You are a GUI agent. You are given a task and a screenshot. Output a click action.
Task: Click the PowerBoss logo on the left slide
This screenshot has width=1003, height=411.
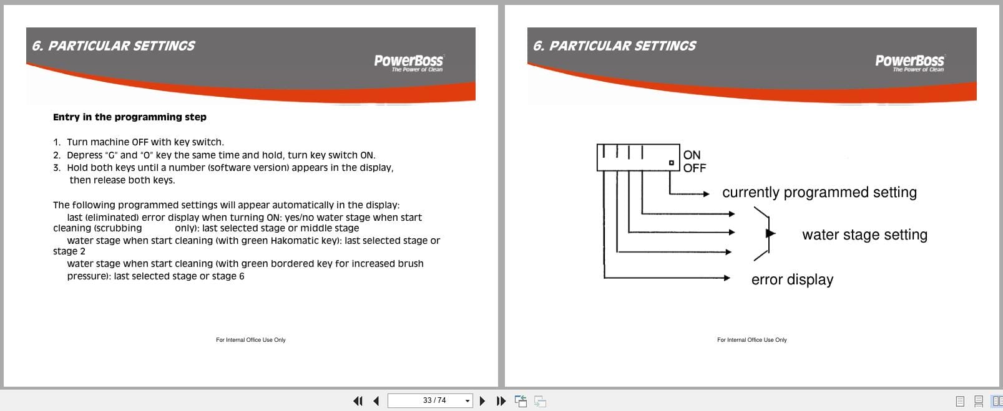click(408, 62)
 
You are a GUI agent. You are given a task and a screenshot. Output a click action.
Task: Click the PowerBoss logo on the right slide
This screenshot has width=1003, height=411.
click(909, 62)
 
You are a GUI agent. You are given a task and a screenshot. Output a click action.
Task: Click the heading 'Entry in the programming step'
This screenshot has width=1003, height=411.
click(129, 117)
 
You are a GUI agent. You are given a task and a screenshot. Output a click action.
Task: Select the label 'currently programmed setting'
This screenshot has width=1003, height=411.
click(819, 193)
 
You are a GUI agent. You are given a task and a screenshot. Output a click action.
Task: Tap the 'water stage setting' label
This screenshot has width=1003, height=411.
click(864, 235)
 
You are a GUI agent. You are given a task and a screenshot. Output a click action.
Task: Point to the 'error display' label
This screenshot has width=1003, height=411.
click(792, 280)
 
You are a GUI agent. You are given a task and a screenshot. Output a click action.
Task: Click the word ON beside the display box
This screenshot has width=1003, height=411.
click(692, 155)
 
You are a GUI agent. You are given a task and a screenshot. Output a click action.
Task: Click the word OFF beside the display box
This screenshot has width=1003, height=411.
click(694, 168)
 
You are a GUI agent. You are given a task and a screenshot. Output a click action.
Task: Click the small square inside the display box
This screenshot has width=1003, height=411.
click(672, 163)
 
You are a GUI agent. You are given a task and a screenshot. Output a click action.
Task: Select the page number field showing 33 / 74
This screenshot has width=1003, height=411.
click(429, 400)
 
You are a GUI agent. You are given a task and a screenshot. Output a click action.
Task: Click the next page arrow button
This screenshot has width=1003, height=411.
click(482, 401)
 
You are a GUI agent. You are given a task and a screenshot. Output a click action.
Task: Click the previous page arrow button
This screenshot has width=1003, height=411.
click(376, 401)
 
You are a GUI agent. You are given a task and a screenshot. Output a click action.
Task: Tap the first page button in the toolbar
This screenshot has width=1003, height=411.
click(358, 401)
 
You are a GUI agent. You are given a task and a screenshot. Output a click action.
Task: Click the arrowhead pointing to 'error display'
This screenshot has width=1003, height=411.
click(727, 278)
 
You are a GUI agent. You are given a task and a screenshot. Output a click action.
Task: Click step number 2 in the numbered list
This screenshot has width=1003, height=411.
click(57, 155)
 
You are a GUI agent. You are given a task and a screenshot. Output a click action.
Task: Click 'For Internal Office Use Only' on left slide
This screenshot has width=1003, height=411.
click(250, 340)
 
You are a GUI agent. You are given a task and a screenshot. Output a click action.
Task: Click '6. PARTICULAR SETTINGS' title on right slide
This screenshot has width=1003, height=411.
click(614, 46)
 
